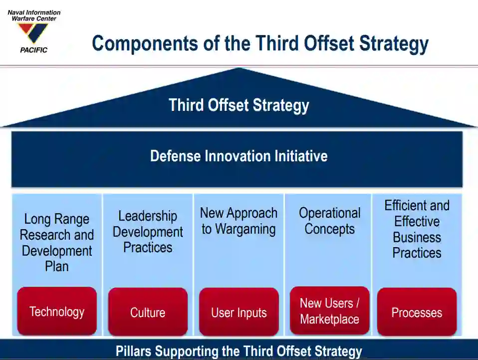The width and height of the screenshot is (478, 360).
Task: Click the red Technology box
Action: coord(57,311)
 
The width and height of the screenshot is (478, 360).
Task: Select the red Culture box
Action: coord(148,312)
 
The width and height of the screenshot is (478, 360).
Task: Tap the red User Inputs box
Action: coord(239,312)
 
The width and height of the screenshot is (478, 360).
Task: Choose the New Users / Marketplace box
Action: coord(329,311)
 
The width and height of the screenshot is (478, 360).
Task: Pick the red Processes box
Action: coord(417,312)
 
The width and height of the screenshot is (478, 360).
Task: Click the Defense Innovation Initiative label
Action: coord(239,156)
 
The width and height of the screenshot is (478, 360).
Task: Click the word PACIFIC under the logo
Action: coord(34,50)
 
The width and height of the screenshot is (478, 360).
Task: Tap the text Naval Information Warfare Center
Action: coord(34,15)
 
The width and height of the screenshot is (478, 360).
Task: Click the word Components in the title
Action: coord(145,43)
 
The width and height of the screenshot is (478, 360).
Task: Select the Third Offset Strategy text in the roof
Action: coord(239,105)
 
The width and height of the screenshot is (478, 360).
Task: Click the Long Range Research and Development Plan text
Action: coord(57,243)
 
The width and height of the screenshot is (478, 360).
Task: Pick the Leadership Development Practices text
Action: coord(148,232)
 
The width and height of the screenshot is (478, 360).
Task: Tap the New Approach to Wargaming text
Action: coord(239,221)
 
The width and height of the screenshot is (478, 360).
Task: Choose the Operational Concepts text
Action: coord(329,221)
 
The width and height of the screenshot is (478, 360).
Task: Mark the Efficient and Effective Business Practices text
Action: coord(417,229)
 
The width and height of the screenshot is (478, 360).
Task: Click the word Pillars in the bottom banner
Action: coord(134,351)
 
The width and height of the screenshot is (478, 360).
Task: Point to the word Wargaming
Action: coord(245,229)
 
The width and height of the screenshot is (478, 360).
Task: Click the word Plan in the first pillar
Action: coord(57,266)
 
